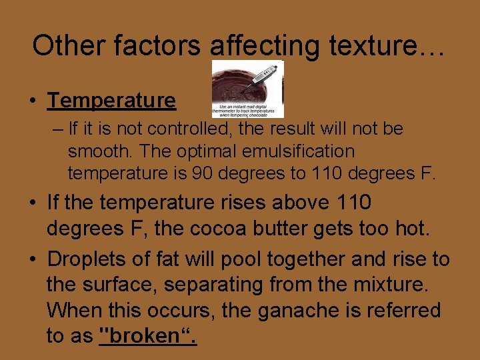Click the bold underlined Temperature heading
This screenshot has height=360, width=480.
point(111,101)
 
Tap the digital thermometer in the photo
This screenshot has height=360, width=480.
point(263,77)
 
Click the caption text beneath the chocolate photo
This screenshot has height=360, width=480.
point(247,109)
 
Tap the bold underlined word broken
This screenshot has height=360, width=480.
point(147,336)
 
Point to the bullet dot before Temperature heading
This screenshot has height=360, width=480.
point(33,101)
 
